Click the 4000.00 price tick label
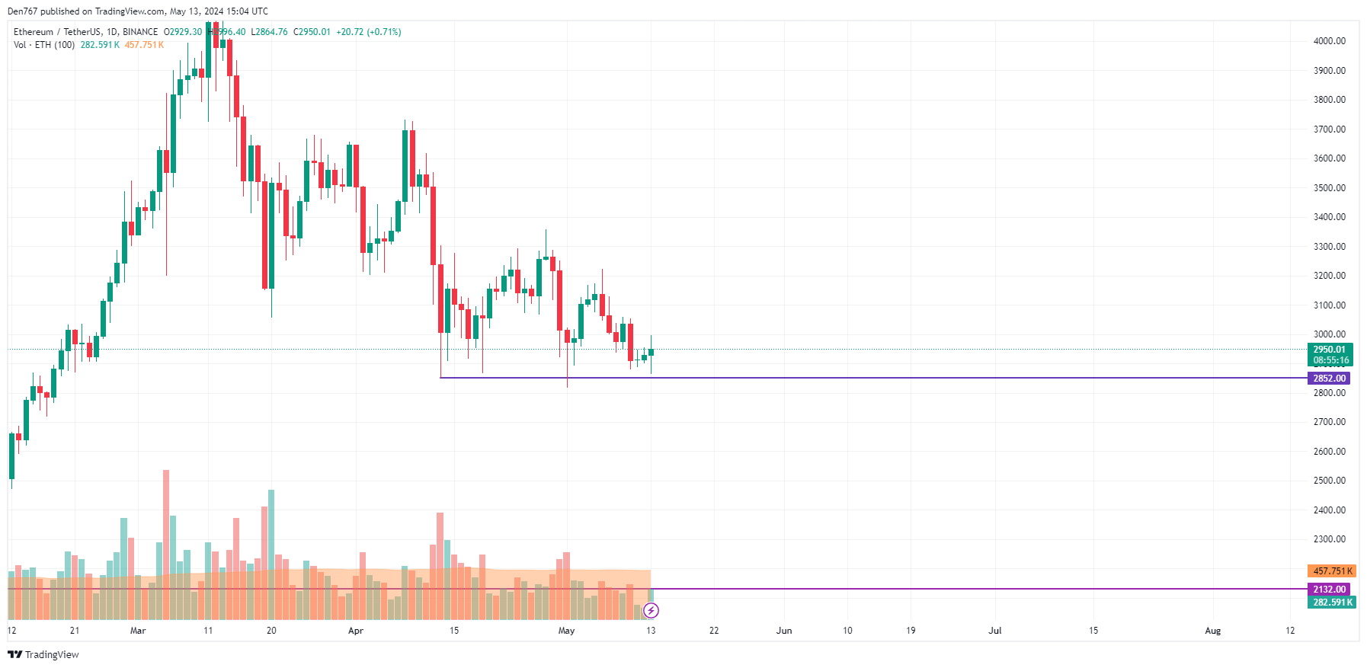(1329, 41)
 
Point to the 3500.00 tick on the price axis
(1329, 188)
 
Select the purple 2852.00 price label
(1329, 379)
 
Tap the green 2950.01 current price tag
(1330, 350)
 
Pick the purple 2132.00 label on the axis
(1329, 590)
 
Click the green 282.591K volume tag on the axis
(1332, 602)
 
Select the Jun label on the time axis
(784, 631)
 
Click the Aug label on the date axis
(1212, 631)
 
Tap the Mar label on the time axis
(138, 631)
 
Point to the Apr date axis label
(355, 631)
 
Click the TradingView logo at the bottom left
(43, 655)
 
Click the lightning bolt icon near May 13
(651, 610)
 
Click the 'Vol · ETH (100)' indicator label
(44, 45)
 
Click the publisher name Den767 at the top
(22, 11)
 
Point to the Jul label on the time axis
(994, 631)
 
